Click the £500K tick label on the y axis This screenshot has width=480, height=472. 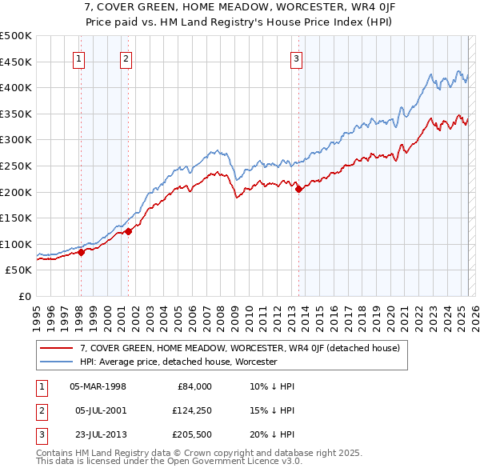(16, 36)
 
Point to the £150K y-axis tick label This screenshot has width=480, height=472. (16, 218)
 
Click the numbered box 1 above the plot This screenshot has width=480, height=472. (80, 58)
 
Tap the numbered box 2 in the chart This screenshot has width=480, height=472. (126, 58)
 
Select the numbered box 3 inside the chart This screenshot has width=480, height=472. (296, 58)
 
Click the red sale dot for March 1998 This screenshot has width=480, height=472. (81, 252)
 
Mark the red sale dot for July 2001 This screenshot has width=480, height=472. (128, 231)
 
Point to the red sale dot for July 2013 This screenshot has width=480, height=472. (298, 189)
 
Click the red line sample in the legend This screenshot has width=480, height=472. (58, 348)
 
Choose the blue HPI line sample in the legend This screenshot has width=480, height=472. (58, 362)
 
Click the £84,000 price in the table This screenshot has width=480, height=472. (194, 386)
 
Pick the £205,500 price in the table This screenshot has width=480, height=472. (191, 434)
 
